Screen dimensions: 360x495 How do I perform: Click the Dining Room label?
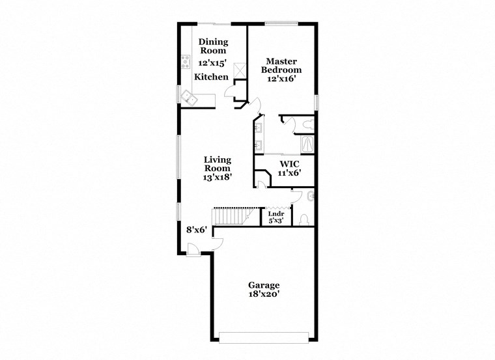213,46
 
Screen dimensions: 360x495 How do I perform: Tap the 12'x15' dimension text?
213,63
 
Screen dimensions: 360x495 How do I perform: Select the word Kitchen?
212,77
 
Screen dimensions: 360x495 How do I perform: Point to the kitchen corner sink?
190,99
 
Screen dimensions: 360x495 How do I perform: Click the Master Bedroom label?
281,65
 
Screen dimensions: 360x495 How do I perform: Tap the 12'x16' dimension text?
281,79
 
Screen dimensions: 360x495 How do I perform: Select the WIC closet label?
289,163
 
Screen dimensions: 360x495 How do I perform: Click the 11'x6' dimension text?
289,174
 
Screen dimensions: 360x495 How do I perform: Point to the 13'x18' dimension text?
217,176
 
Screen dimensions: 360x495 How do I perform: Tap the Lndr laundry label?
276,213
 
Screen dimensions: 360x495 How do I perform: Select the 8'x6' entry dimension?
196,229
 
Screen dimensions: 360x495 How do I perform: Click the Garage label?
264,285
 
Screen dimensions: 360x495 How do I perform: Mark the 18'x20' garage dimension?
264,295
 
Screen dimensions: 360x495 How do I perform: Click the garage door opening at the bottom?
263,337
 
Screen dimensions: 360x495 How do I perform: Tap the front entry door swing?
192,248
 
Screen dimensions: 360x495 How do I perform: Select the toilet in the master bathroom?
308,122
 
